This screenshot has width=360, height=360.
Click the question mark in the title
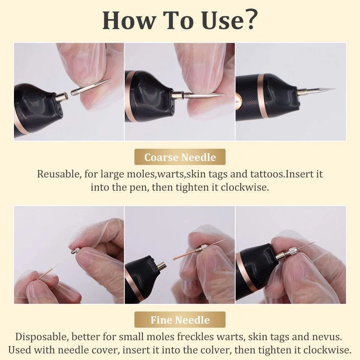249,20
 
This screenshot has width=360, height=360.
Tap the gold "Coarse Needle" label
180,157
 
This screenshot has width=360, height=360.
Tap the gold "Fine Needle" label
180,320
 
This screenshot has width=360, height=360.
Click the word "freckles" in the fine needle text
195,337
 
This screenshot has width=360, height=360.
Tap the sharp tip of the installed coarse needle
334,89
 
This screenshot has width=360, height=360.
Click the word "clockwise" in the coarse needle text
244,187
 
